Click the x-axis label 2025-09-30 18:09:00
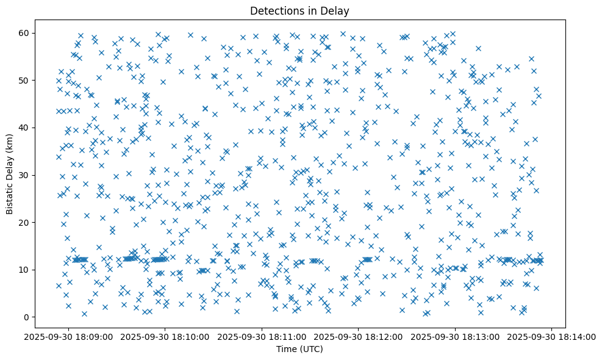point(69,336)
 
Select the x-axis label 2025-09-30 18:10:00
point(165,336)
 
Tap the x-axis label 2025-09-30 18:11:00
point(262,336)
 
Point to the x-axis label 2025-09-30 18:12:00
point(359,336)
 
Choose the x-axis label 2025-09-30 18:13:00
point(456,336)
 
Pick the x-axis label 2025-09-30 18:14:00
point(552,336)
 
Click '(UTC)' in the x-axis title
point(313,349)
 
